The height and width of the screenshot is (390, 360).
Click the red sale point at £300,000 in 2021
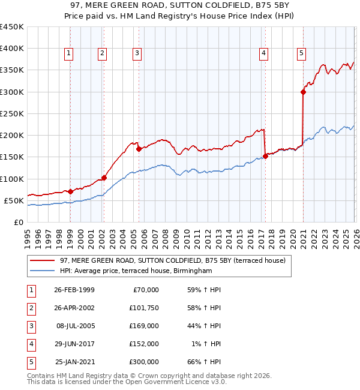(x=303, y=92)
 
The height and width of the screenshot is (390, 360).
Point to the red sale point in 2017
(x=265, y=157)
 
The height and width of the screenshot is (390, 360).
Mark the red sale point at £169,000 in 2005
(x=139, y=149)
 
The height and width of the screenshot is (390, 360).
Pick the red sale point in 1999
(x=71, y=192)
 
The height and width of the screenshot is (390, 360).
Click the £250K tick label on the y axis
(x=11, y=113)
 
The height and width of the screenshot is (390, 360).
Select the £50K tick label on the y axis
(x=14, y=200)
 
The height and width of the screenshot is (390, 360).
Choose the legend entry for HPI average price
(x=136, y=271)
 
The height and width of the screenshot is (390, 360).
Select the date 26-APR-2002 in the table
(x=74, y=308)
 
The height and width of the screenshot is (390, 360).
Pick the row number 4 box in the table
(x=31, y=344)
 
